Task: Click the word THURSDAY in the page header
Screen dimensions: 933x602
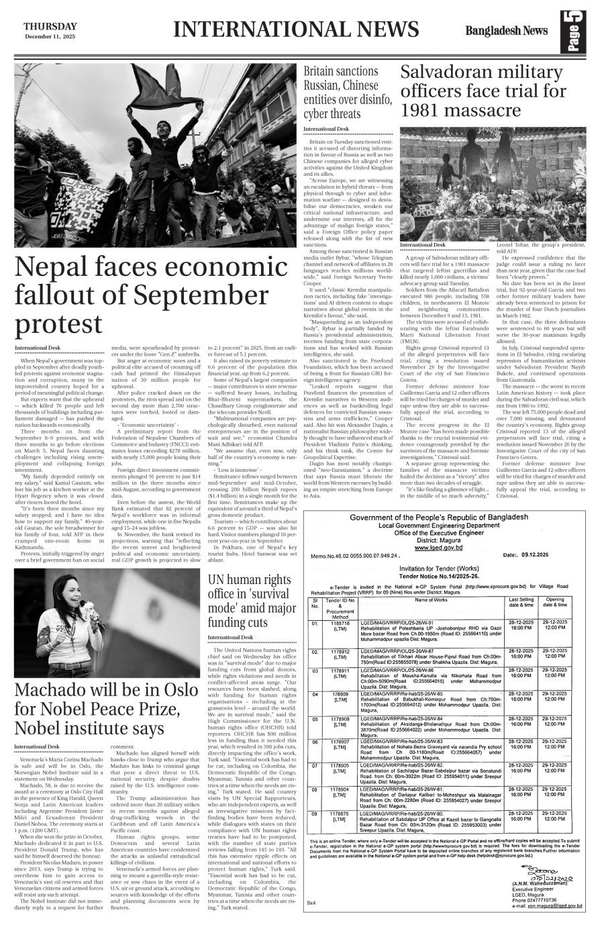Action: click(x=50, y=26)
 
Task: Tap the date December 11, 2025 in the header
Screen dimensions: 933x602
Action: click(x=50, y=36)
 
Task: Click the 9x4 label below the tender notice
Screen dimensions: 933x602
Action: click(x=311, y=903)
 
